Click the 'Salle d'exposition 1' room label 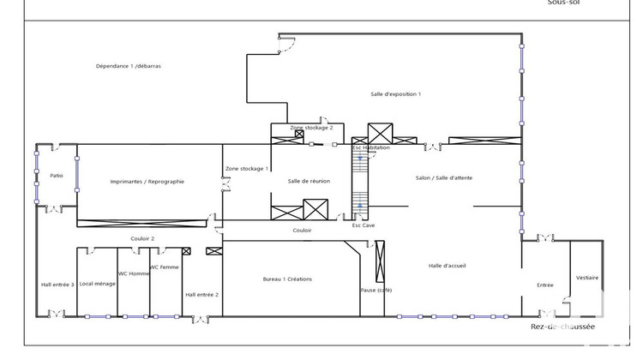tap(395, 93)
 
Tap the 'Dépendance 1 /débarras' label tap(129, 66)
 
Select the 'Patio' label tap(57, 176)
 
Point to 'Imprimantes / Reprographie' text tap(147, 181)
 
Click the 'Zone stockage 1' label tap(247, 168)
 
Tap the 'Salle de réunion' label tap(309, 181)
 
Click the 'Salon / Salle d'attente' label tap(443, 177)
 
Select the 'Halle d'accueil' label tap(447, 266)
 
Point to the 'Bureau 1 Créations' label tap(287, 279)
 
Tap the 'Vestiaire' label tap(587, 278)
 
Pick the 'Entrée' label tap(545, 285)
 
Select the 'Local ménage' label tap(98, 284)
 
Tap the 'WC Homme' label tap(134, 273)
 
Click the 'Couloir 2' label tap(142, 238)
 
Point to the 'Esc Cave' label tap(364, 225)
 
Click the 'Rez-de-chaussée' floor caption tap(562, 327)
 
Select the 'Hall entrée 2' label tap(202, 294)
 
